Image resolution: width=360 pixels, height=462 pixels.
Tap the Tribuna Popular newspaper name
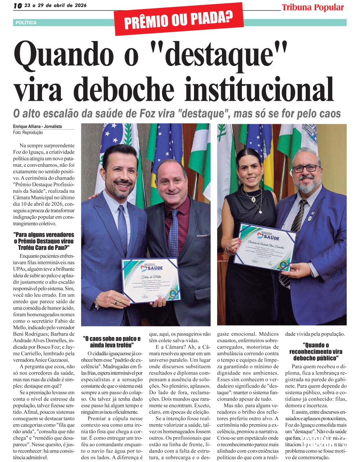click(x=312, y=7)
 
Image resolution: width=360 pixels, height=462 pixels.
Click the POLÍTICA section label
click(x=26, y=23)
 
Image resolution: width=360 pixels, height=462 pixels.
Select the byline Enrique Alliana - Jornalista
click(x=37, y=127)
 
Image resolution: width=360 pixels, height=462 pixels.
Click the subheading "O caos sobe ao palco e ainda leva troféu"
click(x=112, y=341)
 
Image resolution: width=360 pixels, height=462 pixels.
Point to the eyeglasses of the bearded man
click(x=308, y=168)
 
